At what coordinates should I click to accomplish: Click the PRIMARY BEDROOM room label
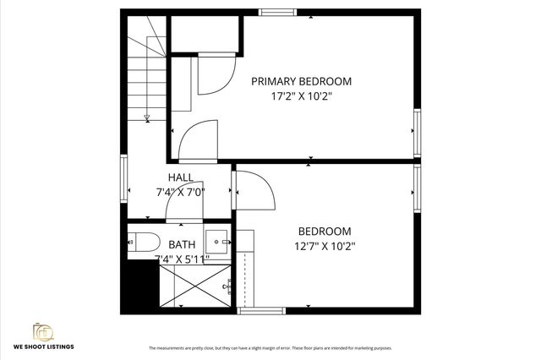302,81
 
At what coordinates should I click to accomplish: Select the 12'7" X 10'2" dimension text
325,246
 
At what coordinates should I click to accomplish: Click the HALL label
180,177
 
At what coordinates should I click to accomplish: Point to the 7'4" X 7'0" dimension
180,192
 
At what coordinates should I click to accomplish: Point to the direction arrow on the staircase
147,117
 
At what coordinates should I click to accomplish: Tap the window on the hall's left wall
125,178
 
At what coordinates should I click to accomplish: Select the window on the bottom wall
257,311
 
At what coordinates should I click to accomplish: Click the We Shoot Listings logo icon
41,330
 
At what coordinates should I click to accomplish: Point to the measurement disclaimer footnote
270,348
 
